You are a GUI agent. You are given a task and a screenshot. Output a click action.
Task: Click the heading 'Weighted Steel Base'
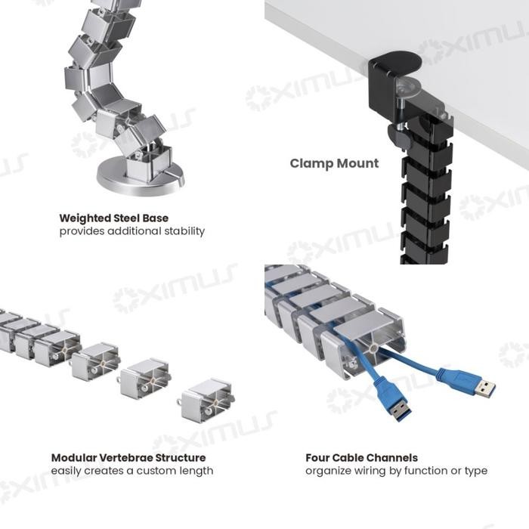pos(113,218)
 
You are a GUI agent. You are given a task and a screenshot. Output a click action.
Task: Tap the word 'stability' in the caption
pos(181,231)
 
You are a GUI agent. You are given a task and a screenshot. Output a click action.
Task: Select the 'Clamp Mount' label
pos(334,163)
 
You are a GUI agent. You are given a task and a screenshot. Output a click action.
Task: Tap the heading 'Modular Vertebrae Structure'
pos(128,457)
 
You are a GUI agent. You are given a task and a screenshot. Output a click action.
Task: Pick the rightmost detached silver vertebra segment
pos(206,398)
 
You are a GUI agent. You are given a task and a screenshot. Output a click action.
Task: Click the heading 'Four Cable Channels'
pos(361,457)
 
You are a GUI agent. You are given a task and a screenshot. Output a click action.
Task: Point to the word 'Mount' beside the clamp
pos(357,163)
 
